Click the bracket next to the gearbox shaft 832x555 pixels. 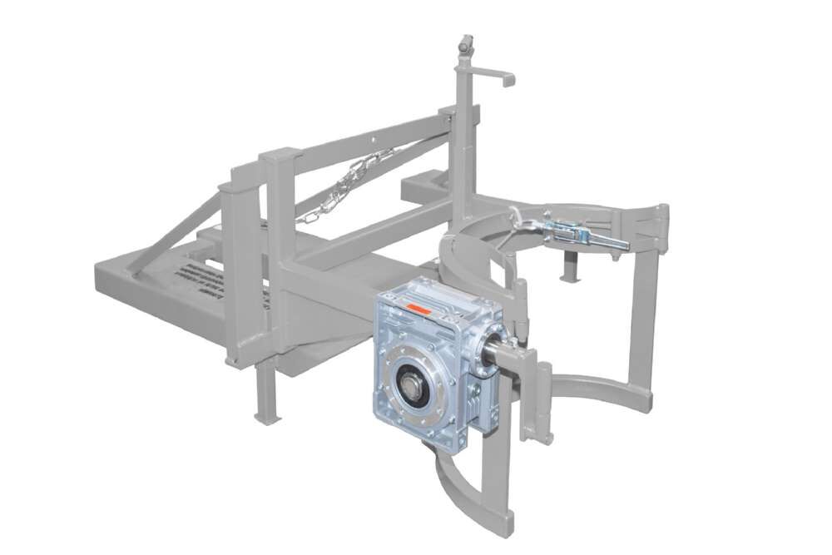click(532, 391)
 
